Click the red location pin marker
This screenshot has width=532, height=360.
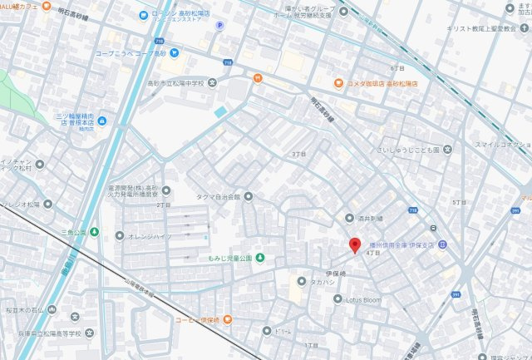[x=354, y=245]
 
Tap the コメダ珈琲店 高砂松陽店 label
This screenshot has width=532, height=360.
[x=383, y=83]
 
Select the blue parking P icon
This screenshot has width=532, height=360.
[x=219, y=26]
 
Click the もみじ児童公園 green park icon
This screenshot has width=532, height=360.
[x=259, y=258]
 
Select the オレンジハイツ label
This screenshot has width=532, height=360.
[x=150, y=236]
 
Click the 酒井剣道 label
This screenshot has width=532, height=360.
[x=368, y=218]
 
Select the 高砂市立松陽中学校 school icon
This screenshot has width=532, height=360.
[x=212, y=81]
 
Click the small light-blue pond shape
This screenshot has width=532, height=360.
[x=220, y=111]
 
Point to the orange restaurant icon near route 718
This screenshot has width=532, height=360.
[x=258, y=78]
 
